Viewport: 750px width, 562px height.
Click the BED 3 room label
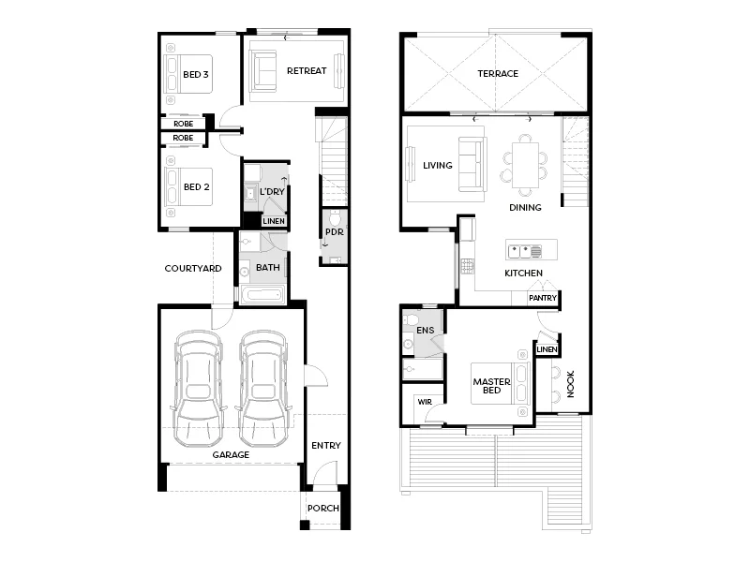coord(196,74)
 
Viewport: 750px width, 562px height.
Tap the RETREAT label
coord(307,71)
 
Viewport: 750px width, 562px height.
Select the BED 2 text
coord(196,186)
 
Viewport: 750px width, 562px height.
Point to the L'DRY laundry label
coord(273,192)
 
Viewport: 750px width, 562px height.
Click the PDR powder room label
coord(333,231)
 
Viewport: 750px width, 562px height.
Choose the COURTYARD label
coord(193,269)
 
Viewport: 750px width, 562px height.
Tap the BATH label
coord(268,268)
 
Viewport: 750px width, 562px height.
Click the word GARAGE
coord(231,455)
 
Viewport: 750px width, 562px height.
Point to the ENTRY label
coord(326,446)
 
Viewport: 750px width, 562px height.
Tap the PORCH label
coord(324,509)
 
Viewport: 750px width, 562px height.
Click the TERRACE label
coord(498,74)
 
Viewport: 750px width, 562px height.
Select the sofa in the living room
coord(472,165)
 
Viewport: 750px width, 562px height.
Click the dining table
coord(525,163)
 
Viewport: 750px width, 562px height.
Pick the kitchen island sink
coord(524,251)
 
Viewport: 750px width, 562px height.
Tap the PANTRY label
coord(543,299)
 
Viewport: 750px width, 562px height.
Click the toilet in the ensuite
coord(411,323)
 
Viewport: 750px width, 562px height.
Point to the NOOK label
coord(570,385)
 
